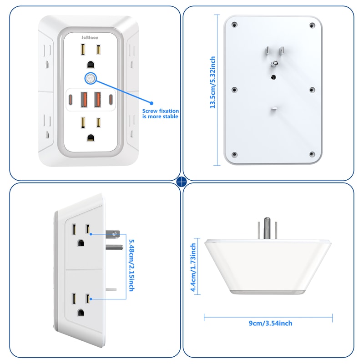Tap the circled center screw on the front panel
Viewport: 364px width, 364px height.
coord(90,78)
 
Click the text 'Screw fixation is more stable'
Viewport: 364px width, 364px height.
coord(161,113)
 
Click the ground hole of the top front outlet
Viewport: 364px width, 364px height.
coord(91,65)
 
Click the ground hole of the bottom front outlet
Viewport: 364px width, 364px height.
coord(91,138)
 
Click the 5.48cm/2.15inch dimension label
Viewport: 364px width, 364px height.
coord(131,265)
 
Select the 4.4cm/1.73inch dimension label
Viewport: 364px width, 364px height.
coord(193,268)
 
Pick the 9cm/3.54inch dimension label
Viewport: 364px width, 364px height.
coord(270,323)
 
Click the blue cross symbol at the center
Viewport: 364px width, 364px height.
coord(182,182)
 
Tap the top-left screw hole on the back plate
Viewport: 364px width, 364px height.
coord(234,25)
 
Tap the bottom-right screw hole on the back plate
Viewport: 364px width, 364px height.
coord(312,154)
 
